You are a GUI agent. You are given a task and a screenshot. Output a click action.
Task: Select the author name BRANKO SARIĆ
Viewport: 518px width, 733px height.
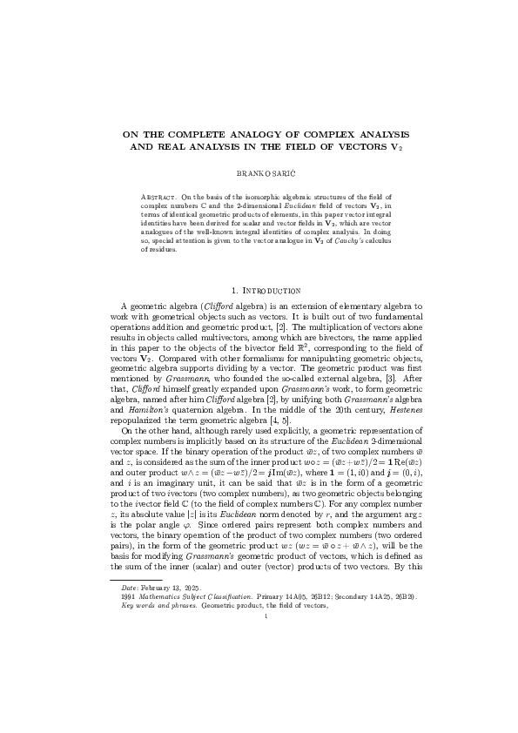pos(259,174)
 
